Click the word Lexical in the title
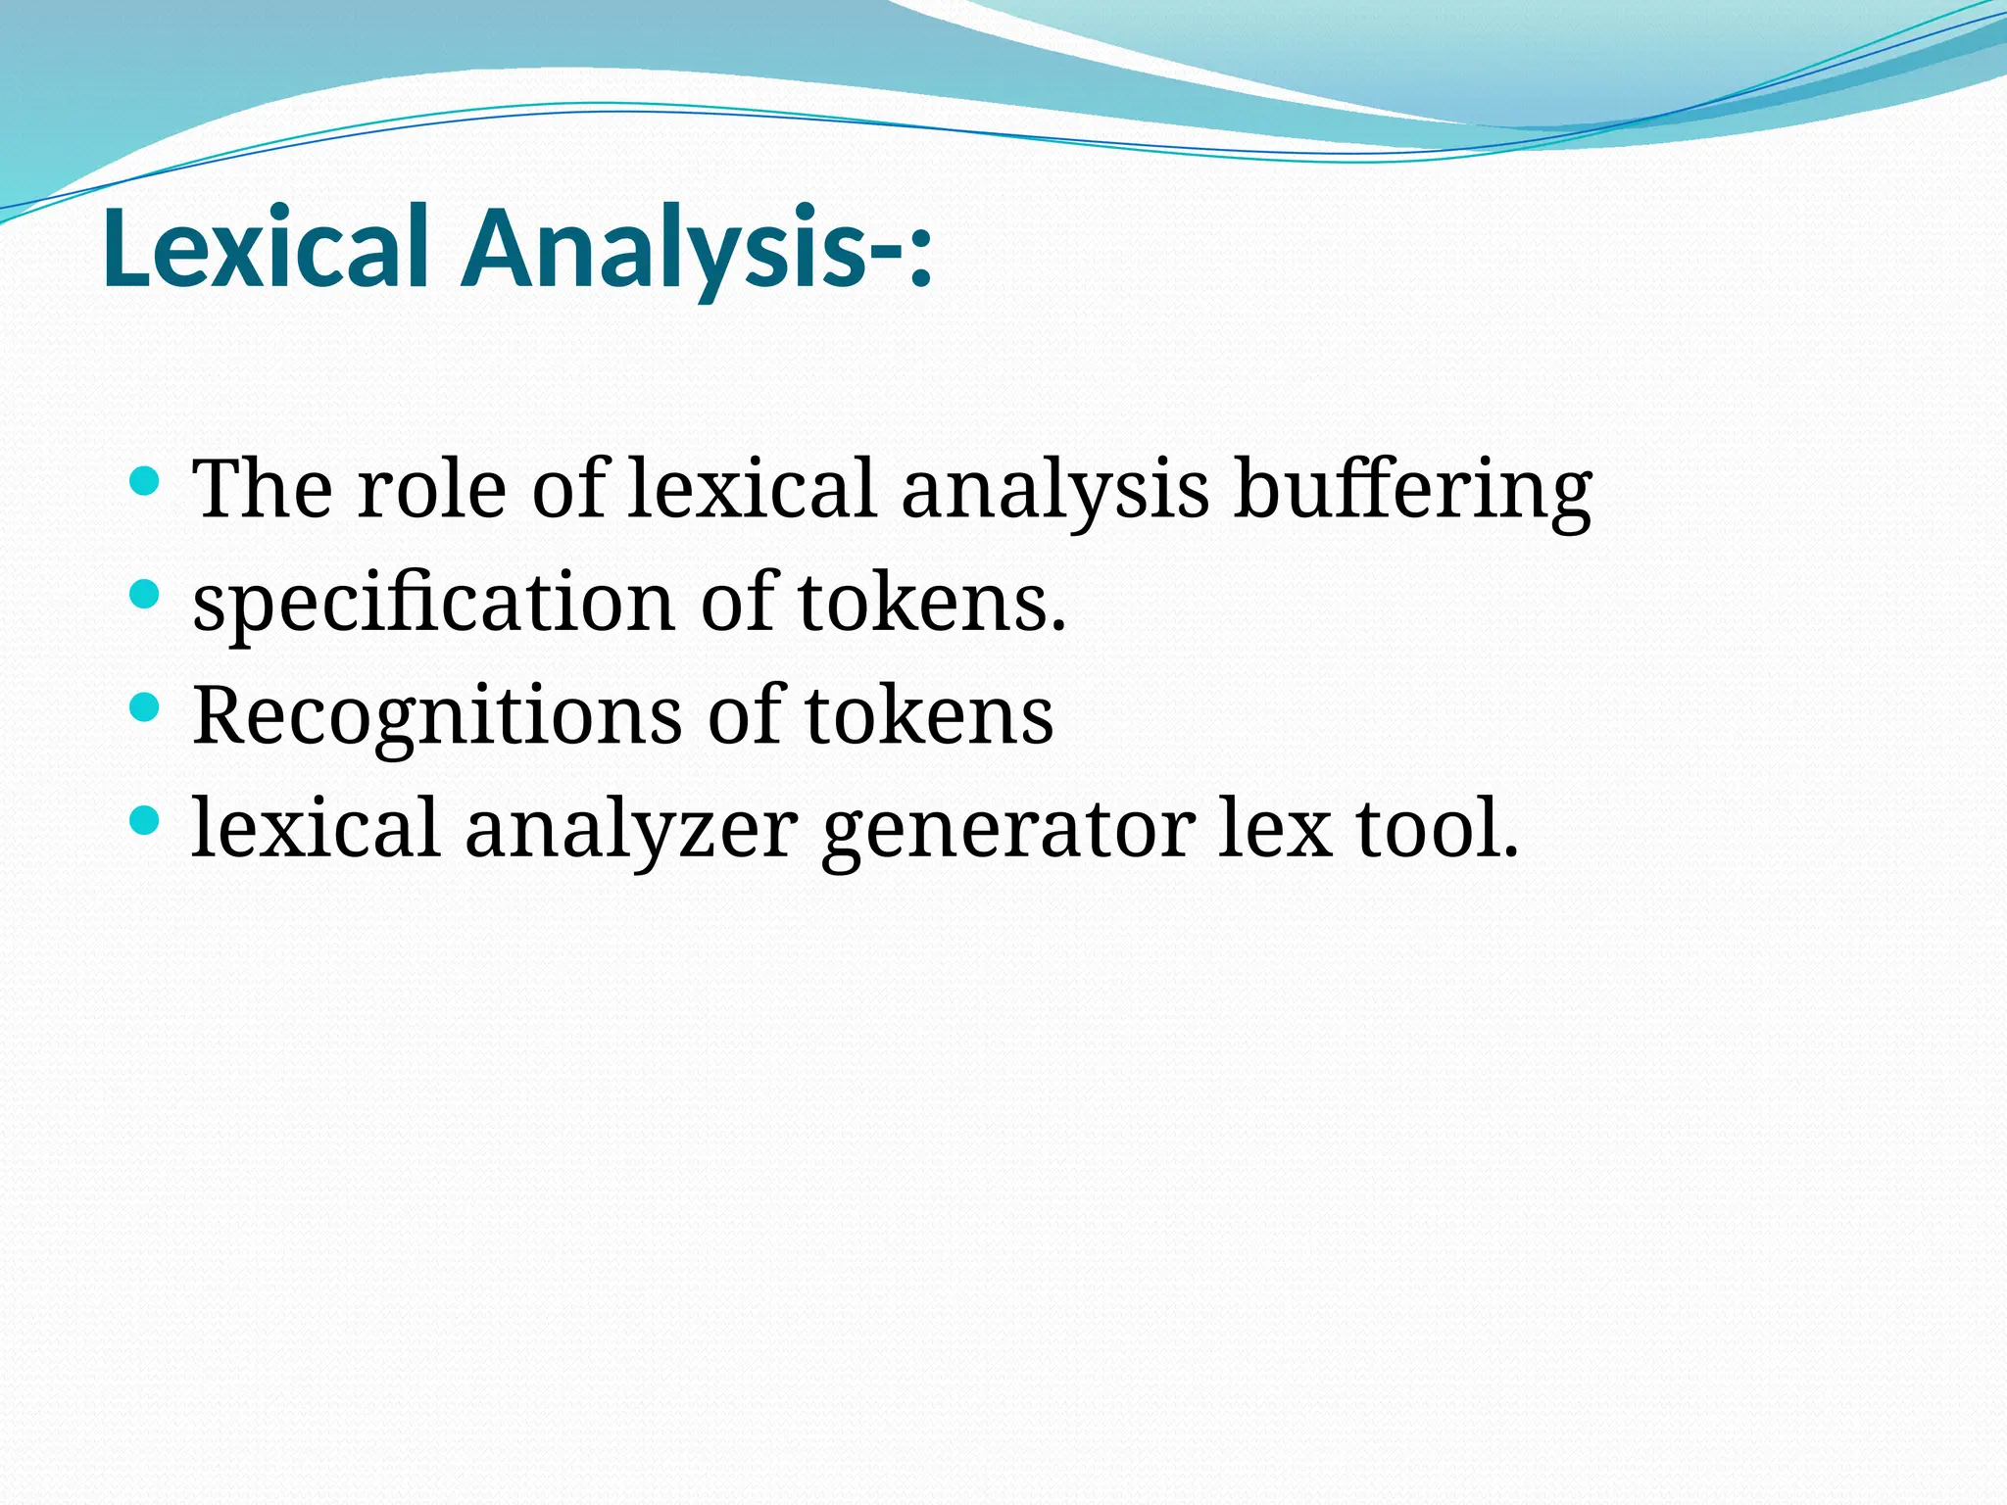266,249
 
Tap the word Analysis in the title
666,249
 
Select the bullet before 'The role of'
144,481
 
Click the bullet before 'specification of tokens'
144,594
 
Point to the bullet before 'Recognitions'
144,707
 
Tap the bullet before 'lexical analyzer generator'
144,820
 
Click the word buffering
1412,490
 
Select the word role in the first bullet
431,490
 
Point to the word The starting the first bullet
263,489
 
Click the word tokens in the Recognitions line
928,716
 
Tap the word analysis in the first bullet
1054,490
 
